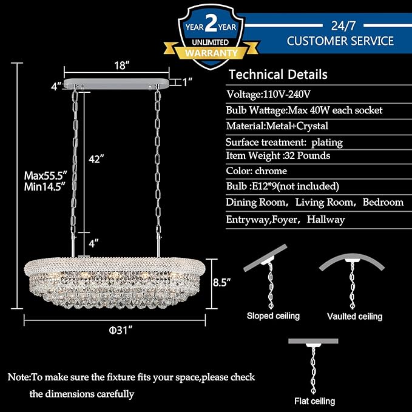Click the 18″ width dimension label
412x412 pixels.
122,66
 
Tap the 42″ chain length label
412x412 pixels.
96,159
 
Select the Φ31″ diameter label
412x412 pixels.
120,330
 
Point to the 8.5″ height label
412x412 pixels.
221,283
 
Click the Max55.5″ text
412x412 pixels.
46,175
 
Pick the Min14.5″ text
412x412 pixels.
44,187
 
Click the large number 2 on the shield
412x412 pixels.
211,23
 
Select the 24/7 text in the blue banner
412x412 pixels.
343,25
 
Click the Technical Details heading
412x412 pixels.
278,75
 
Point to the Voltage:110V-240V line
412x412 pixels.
269,94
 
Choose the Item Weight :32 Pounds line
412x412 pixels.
278,155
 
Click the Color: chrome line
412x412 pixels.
257,171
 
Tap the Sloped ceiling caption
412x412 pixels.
273,316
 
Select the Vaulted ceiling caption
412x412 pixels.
354,316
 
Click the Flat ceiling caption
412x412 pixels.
315,401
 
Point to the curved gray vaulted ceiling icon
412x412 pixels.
352,259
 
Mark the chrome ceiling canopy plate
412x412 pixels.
117,84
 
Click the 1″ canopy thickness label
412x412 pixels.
187,83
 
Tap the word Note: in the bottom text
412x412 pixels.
19,377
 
